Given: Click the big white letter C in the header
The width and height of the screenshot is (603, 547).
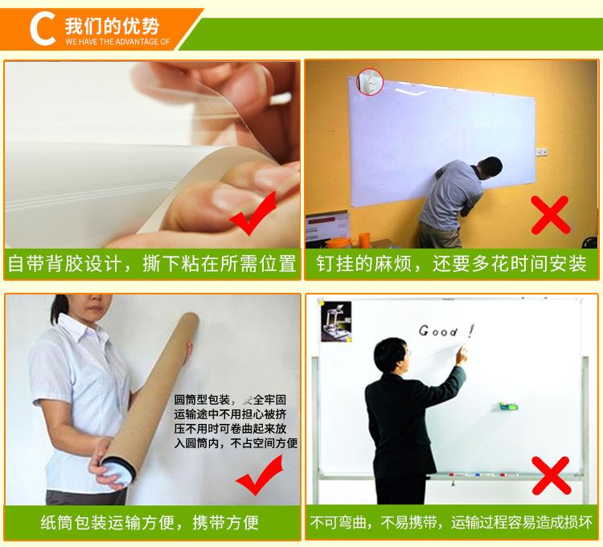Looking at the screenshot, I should coord(40,27).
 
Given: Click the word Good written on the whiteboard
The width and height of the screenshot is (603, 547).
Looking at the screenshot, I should coord(438,331).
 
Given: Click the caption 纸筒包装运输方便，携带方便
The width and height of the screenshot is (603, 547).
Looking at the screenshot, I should coord(150,524).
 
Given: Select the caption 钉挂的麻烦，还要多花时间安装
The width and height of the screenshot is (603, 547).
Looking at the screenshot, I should coord(451,263).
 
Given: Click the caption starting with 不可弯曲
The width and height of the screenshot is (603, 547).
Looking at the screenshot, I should coord(451,524).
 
